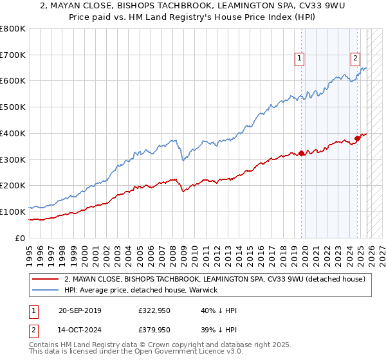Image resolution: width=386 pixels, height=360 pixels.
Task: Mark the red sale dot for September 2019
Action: [301, 153]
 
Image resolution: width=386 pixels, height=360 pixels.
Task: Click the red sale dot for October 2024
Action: [358, 138]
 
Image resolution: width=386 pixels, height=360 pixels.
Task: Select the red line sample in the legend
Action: [45, 279]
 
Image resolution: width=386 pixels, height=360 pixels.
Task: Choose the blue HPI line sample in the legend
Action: [45, 290]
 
